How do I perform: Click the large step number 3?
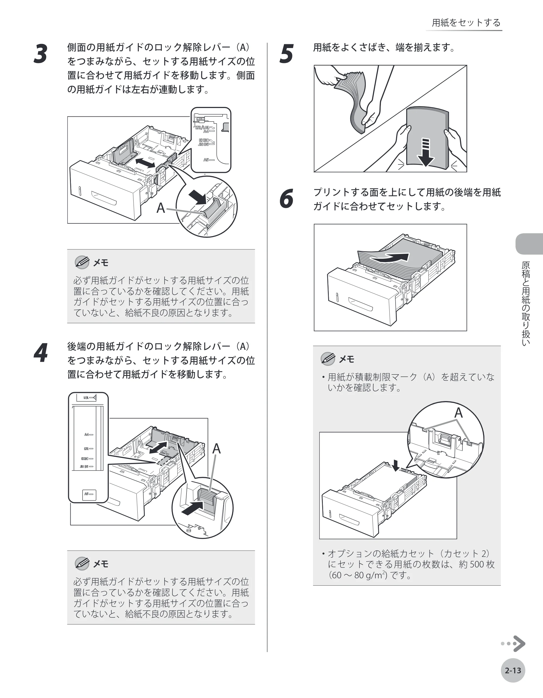[x=41, y=54]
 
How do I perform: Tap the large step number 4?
[x=41, y=353]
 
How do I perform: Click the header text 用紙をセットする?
[x=466, y=23]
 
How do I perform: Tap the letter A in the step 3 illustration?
[x=161, y=208]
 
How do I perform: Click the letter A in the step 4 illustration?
[x=216, y=449]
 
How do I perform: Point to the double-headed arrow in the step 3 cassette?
[x=145, y=163]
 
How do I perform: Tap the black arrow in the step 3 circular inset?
[x=197, y=197]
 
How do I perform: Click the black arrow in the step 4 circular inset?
[x=193, y=508]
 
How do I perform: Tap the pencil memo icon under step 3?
[x=82, y=262]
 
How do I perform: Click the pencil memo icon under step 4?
[x=82, y=563]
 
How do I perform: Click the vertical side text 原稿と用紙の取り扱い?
[x=526, y=304]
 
